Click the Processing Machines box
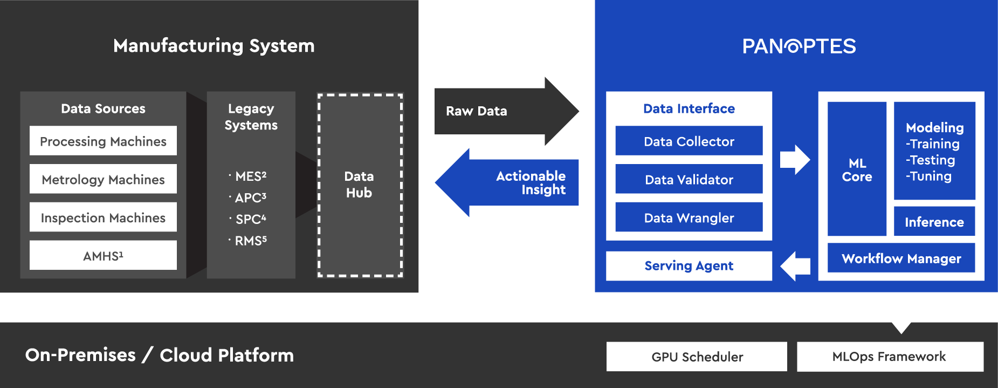coord(103,141)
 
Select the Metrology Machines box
coord(103,179)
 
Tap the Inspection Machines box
coord(103,217)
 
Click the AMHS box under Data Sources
coord(103,255)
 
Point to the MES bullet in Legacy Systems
coord(250,176)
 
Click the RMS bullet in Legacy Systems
coord(250,241)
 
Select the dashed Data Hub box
coord(360,185)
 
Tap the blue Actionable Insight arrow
coord(512,183)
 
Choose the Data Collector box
coord(689,141)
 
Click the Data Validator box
coord(689,179)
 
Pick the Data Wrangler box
coord(689,217)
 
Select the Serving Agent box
coord(689,266)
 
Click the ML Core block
coord(857,169)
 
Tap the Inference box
coord(934,222)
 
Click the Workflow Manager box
coord(901,258)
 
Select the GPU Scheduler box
coord(697,357)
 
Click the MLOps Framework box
coord(890,357)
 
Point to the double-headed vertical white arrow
coord(901,314)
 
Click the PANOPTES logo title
coord(799,46)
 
